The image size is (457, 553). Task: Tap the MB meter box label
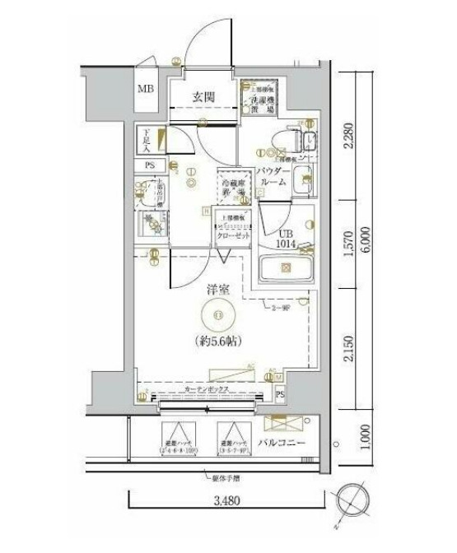click(145, 90)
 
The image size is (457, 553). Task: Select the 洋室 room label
click(217, 290)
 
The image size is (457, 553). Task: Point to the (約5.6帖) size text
click(218, 341)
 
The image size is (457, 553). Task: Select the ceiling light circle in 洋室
click(217, 315)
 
